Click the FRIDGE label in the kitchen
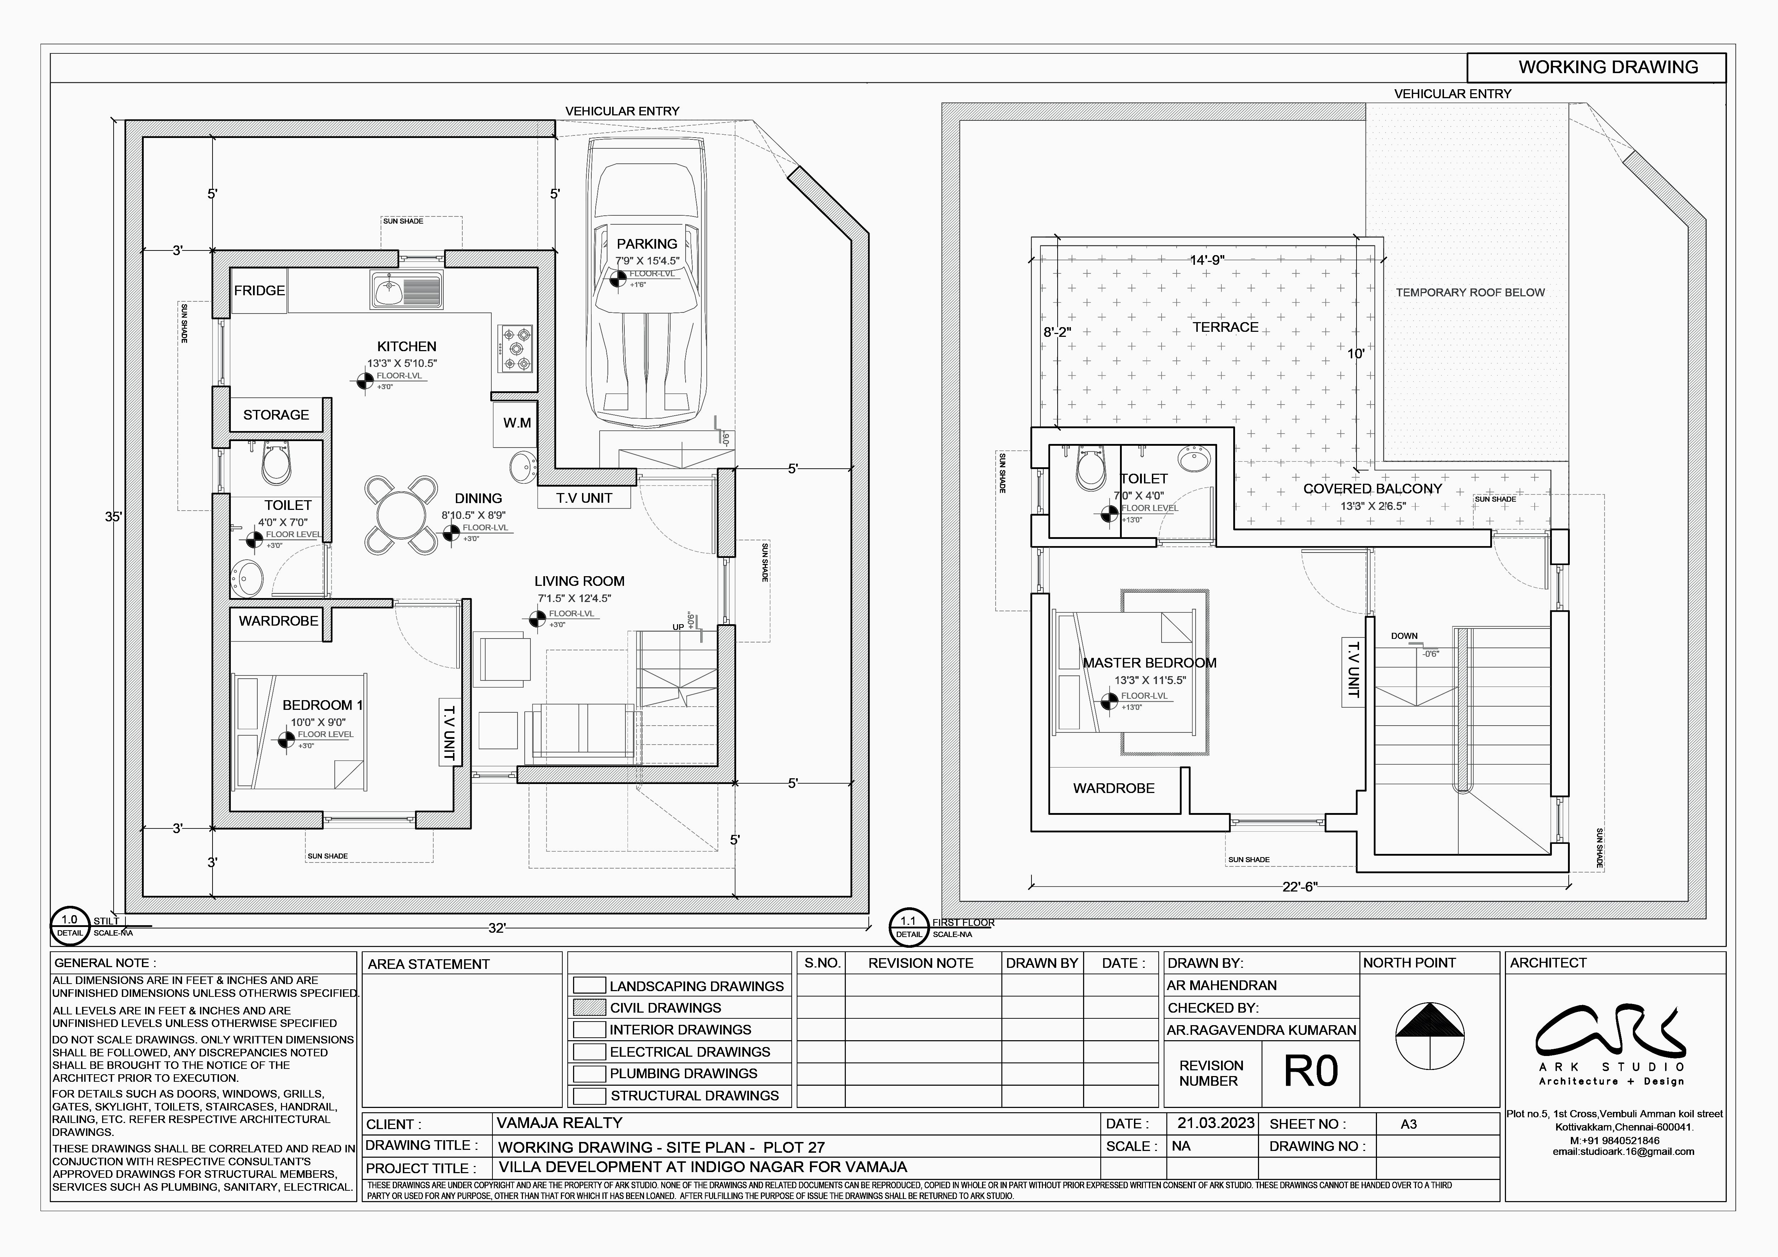click(259, 290)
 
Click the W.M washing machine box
click(516, 422)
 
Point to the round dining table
click(400, 516)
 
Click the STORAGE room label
click(276, 415)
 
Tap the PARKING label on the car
click(647, 244)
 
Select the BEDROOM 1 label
click(322, 705)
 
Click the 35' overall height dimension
click(113, 516)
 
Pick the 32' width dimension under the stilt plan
click(496, 928)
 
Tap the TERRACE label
click(1225, 328)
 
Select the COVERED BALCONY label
click(1372, 489)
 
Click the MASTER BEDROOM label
click(1149, 663)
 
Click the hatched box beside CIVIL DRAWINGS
click(589, 1008)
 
